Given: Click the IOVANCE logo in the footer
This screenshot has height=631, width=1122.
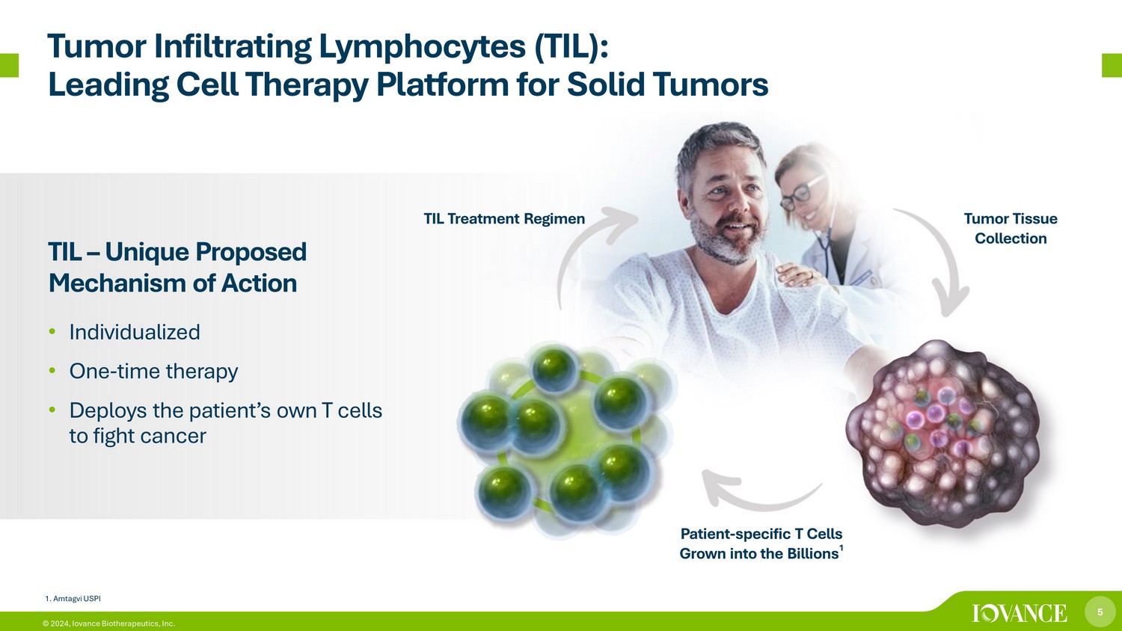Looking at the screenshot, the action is [x=1020, y=613].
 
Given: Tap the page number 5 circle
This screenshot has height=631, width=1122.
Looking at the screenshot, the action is [x=1100, y=612].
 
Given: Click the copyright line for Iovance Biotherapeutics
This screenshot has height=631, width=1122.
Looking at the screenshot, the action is [x=108, y=624].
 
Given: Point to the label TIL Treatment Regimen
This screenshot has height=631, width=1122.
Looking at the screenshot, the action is [x=504, y=219].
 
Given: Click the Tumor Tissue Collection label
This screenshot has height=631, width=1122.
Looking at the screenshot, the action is [x=1011, y=228].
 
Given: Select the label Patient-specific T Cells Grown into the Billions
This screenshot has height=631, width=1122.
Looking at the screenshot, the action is [x=761, y=544].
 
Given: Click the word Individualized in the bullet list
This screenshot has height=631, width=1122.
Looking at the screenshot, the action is [x=135, y=332].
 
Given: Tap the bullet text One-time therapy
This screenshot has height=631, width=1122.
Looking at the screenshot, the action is [x=154, y=371].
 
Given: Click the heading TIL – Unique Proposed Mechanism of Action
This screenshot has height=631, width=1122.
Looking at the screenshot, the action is [x=177, y=268].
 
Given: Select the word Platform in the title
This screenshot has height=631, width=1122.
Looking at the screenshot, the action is [x=443, y=84].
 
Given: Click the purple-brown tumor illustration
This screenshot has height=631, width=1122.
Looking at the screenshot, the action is [x=942, y=434].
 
